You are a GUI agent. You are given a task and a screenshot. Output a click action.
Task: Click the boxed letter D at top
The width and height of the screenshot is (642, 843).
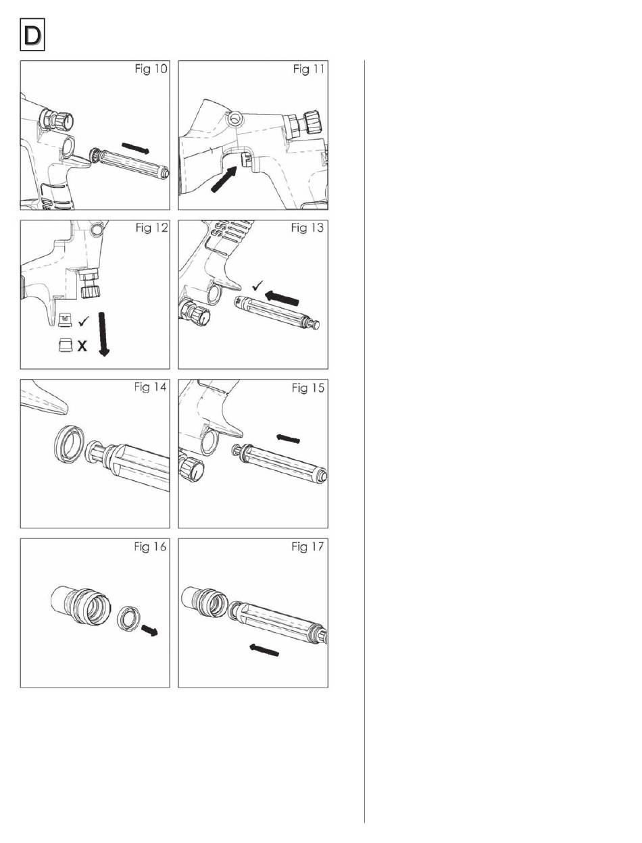pos(32,34)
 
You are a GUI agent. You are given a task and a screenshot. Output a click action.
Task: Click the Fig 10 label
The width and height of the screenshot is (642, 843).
pos(151,69)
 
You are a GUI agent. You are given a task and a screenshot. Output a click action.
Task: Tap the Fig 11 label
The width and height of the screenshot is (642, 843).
pos(309,69)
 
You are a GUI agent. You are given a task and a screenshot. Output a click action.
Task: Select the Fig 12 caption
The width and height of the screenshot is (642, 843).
pos(152,228)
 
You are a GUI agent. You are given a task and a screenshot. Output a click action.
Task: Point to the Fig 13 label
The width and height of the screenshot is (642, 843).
pos(307,228)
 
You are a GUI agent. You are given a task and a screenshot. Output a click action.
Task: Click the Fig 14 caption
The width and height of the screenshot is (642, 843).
pos(150,387)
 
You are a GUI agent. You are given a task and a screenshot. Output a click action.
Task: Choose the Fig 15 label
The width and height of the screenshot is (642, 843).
pos(308,388)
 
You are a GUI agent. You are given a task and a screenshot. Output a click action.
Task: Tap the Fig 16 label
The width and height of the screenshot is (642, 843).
pos(150,546)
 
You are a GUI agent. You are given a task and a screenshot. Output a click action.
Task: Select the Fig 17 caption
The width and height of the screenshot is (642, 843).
pos(307,546)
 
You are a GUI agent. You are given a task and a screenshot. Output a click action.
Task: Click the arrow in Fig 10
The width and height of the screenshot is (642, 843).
pos(135,148)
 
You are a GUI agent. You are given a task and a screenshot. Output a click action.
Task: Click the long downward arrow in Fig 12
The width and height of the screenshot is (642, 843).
pos(103,334)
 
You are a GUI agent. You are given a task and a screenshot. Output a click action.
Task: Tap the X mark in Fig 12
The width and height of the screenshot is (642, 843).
pos(82,347)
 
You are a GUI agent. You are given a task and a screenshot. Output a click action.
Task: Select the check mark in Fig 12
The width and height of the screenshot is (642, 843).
pos(83,321)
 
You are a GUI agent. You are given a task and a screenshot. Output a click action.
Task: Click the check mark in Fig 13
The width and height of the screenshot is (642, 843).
pos(257,286)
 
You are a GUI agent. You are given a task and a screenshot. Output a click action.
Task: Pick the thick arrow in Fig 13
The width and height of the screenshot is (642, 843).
pos(282,298)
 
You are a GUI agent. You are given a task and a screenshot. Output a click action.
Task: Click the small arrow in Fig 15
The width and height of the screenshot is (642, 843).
pos(288,438)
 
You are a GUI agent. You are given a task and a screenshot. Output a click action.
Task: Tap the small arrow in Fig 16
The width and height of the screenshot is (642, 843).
pos(149,630)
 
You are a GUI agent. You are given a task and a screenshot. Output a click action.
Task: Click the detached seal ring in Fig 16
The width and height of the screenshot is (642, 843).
pos(128,619)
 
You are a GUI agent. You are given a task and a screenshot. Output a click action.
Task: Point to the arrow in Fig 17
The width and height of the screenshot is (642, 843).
pos(264,650)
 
